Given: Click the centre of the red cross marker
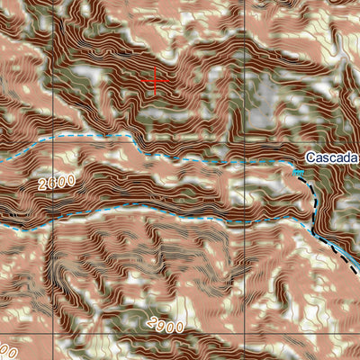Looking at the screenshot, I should click(x=157, y=80).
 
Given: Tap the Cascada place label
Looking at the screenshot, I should click(x=331, y=158).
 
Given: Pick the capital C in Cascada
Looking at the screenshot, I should click(x=309, y=158).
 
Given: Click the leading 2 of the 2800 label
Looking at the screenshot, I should click(x=42, y=188).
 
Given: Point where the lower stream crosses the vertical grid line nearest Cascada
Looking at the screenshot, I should click(x=245, y=219).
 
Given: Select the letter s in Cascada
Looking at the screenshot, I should click(x=326, y=158).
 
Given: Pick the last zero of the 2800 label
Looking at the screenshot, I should click(x=71, y=180).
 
